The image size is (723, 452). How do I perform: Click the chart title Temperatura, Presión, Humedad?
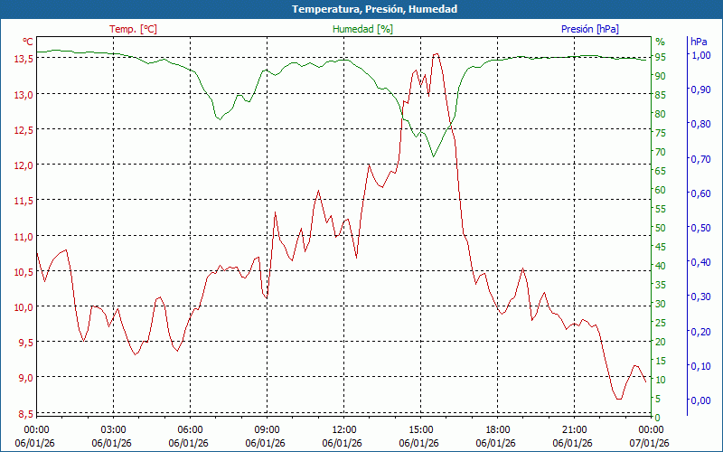(361, 9)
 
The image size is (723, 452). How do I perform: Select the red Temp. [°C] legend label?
(133, 29)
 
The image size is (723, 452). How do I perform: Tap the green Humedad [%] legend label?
(363, 29)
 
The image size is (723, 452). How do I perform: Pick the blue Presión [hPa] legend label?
(589, 29)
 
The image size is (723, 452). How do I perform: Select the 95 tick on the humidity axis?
(661, 57)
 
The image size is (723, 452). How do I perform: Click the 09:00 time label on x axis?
(267, 429)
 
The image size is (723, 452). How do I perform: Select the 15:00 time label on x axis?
(420, 429)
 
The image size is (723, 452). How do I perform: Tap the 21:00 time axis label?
(574, 429)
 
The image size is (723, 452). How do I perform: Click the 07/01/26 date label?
(651, 443)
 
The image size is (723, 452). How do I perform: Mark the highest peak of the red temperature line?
(436, 53)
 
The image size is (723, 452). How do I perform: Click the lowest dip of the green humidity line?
(434, 156)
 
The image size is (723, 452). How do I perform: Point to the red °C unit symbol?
(28, 42)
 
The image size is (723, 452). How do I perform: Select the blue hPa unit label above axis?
(699, 42)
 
